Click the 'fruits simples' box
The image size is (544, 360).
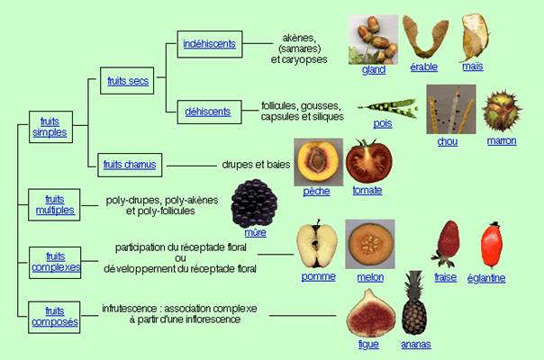click(x=50, y=127)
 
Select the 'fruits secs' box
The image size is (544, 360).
click(x=127, y=81)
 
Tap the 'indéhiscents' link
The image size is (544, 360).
click(x=209, y=44)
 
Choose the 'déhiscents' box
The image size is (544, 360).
click(x=209, y=112)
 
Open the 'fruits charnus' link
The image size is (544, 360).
click(x=130, y=165)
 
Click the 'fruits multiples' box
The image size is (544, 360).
click(x=54, y=204)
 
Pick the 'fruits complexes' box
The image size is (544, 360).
click(x=55, y=263)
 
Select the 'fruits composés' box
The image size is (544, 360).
click(x=54, y=317)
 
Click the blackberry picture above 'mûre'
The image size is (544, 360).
click(x=254, y=202)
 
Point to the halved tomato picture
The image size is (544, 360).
click(x=369, y=161)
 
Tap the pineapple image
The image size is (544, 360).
click(x=414, y=302)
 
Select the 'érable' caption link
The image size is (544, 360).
click(x=423, y=67)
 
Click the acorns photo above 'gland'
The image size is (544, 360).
click(x=373, y=40)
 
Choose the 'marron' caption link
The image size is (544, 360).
click(x=502, y=140)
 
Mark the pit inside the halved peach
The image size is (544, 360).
click(x=316, y=160)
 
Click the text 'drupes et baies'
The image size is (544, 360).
click(x=256, y=165)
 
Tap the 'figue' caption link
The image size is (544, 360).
click(x=368, y=344)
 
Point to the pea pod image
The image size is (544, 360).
click(x=388, y=108)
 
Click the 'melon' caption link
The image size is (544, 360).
click(x=370, y=277)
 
